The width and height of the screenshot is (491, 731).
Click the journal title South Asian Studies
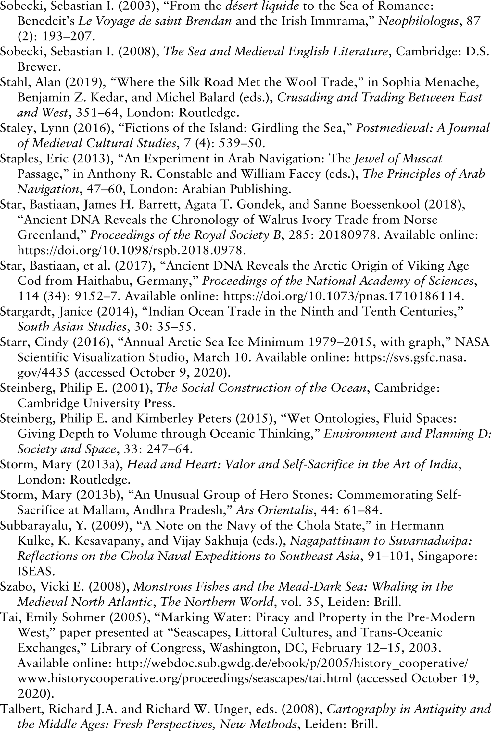click(71, 327)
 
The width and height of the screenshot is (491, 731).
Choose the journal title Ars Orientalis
click(274, 510)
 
